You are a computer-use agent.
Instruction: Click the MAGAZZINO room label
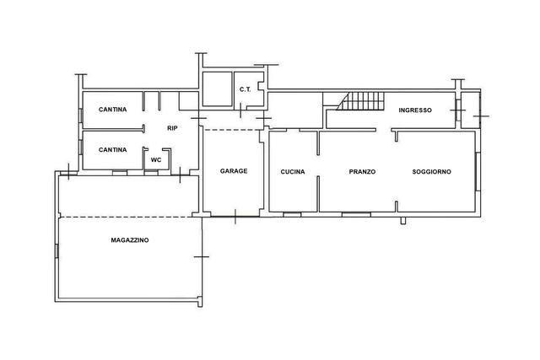coord(130,240)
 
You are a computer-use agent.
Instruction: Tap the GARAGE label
coord(234,170)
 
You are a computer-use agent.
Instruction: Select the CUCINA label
coord(293,171)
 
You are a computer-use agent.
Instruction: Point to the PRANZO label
coord(362,171)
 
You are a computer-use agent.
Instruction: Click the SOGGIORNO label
coord(431,171)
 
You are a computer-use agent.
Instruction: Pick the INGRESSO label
coord(415,110)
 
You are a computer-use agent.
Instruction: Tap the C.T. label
coord(246,89)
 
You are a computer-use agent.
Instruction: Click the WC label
coord(156,160)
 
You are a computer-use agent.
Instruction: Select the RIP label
coord(172,128)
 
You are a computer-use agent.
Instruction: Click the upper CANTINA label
coord(112,110)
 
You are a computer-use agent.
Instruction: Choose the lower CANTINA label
coord(112,150)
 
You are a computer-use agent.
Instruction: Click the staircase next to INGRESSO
coord(360,101)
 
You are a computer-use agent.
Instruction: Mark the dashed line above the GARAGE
coord(233,130)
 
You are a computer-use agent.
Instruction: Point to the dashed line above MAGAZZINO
coord(126,218)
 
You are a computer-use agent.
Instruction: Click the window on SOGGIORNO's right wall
coord(478,171)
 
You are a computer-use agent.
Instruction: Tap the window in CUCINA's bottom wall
coord(292,214)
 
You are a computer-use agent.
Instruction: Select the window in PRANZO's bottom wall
coord(356,214)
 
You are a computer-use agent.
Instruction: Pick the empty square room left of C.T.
coord(217,89)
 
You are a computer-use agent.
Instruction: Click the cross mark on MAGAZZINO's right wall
coord(202,257)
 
